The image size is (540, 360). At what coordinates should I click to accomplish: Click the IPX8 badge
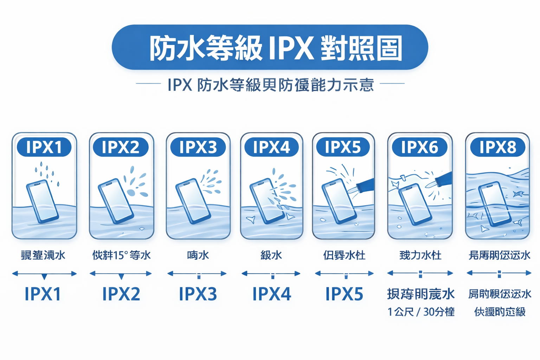pyautogui.click(x=497, y=147)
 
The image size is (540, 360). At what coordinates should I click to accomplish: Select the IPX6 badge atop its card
pyautogui.click(x=419, y=147)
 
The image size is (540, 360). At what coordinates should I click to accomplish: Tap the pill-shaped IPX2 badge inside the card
pyautogui.click(x=121, y=147)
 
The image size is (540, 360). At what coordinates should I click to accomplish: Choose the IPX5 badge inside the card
pyautogui.click(x=343, y=147)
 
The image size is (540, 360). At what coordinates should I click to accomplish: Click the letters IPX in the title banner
pyautogui.click(x=290, y=48)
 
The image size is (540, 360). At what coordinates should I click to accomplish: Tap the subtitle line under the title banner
pyautogui.click(x=270, y=85)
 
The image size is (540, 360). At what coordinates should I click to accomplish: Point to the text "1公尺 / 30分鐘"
pyautogui.click(x=421, y=312)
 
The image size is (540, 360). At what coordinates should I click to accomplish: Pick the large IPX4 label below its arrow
pyautogui.click(x=271, y=294)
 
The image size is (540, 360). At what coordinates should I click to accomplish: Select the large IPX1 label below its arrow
pyautogui.click(x=43, y=294)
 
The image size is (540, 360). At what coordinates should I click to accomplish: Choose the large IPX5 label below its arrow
pyautogui.click(x=344, y=294)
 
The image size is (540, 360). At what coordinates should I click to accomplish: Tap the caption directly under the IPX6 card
pyautogui.click(x=420, y=255)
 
